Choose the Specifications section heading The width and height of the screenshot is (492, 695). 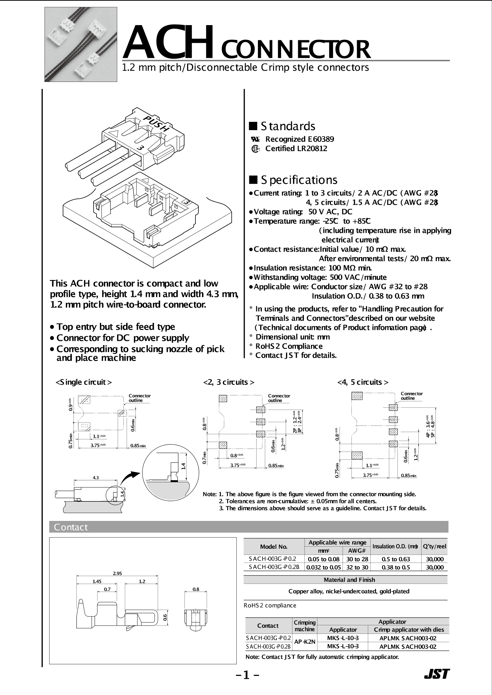[x=293, y=180]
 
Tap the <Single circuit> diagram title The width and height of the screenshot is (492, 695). [x=84, y=382]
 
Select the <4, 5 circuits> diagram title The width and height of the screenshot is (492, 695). [x=363, y=382]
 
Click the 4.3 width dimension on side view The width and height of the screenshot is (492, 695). [x=96, y=478]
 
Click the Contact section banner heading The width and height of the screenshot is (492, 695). [x=71, y=527]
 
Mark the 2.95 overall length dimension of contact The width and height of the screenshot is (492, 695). [x=117, y=573]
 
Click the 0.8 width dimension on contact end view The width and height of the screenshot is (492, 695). [x=196, y=589]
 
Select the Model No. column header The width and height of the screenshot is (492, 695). [x=274, y=547]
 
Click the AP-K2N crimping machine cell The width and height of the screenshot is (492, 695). [x=305, y=642]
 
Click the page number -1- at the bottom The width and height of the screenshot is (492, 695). [x=247, y=675]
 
